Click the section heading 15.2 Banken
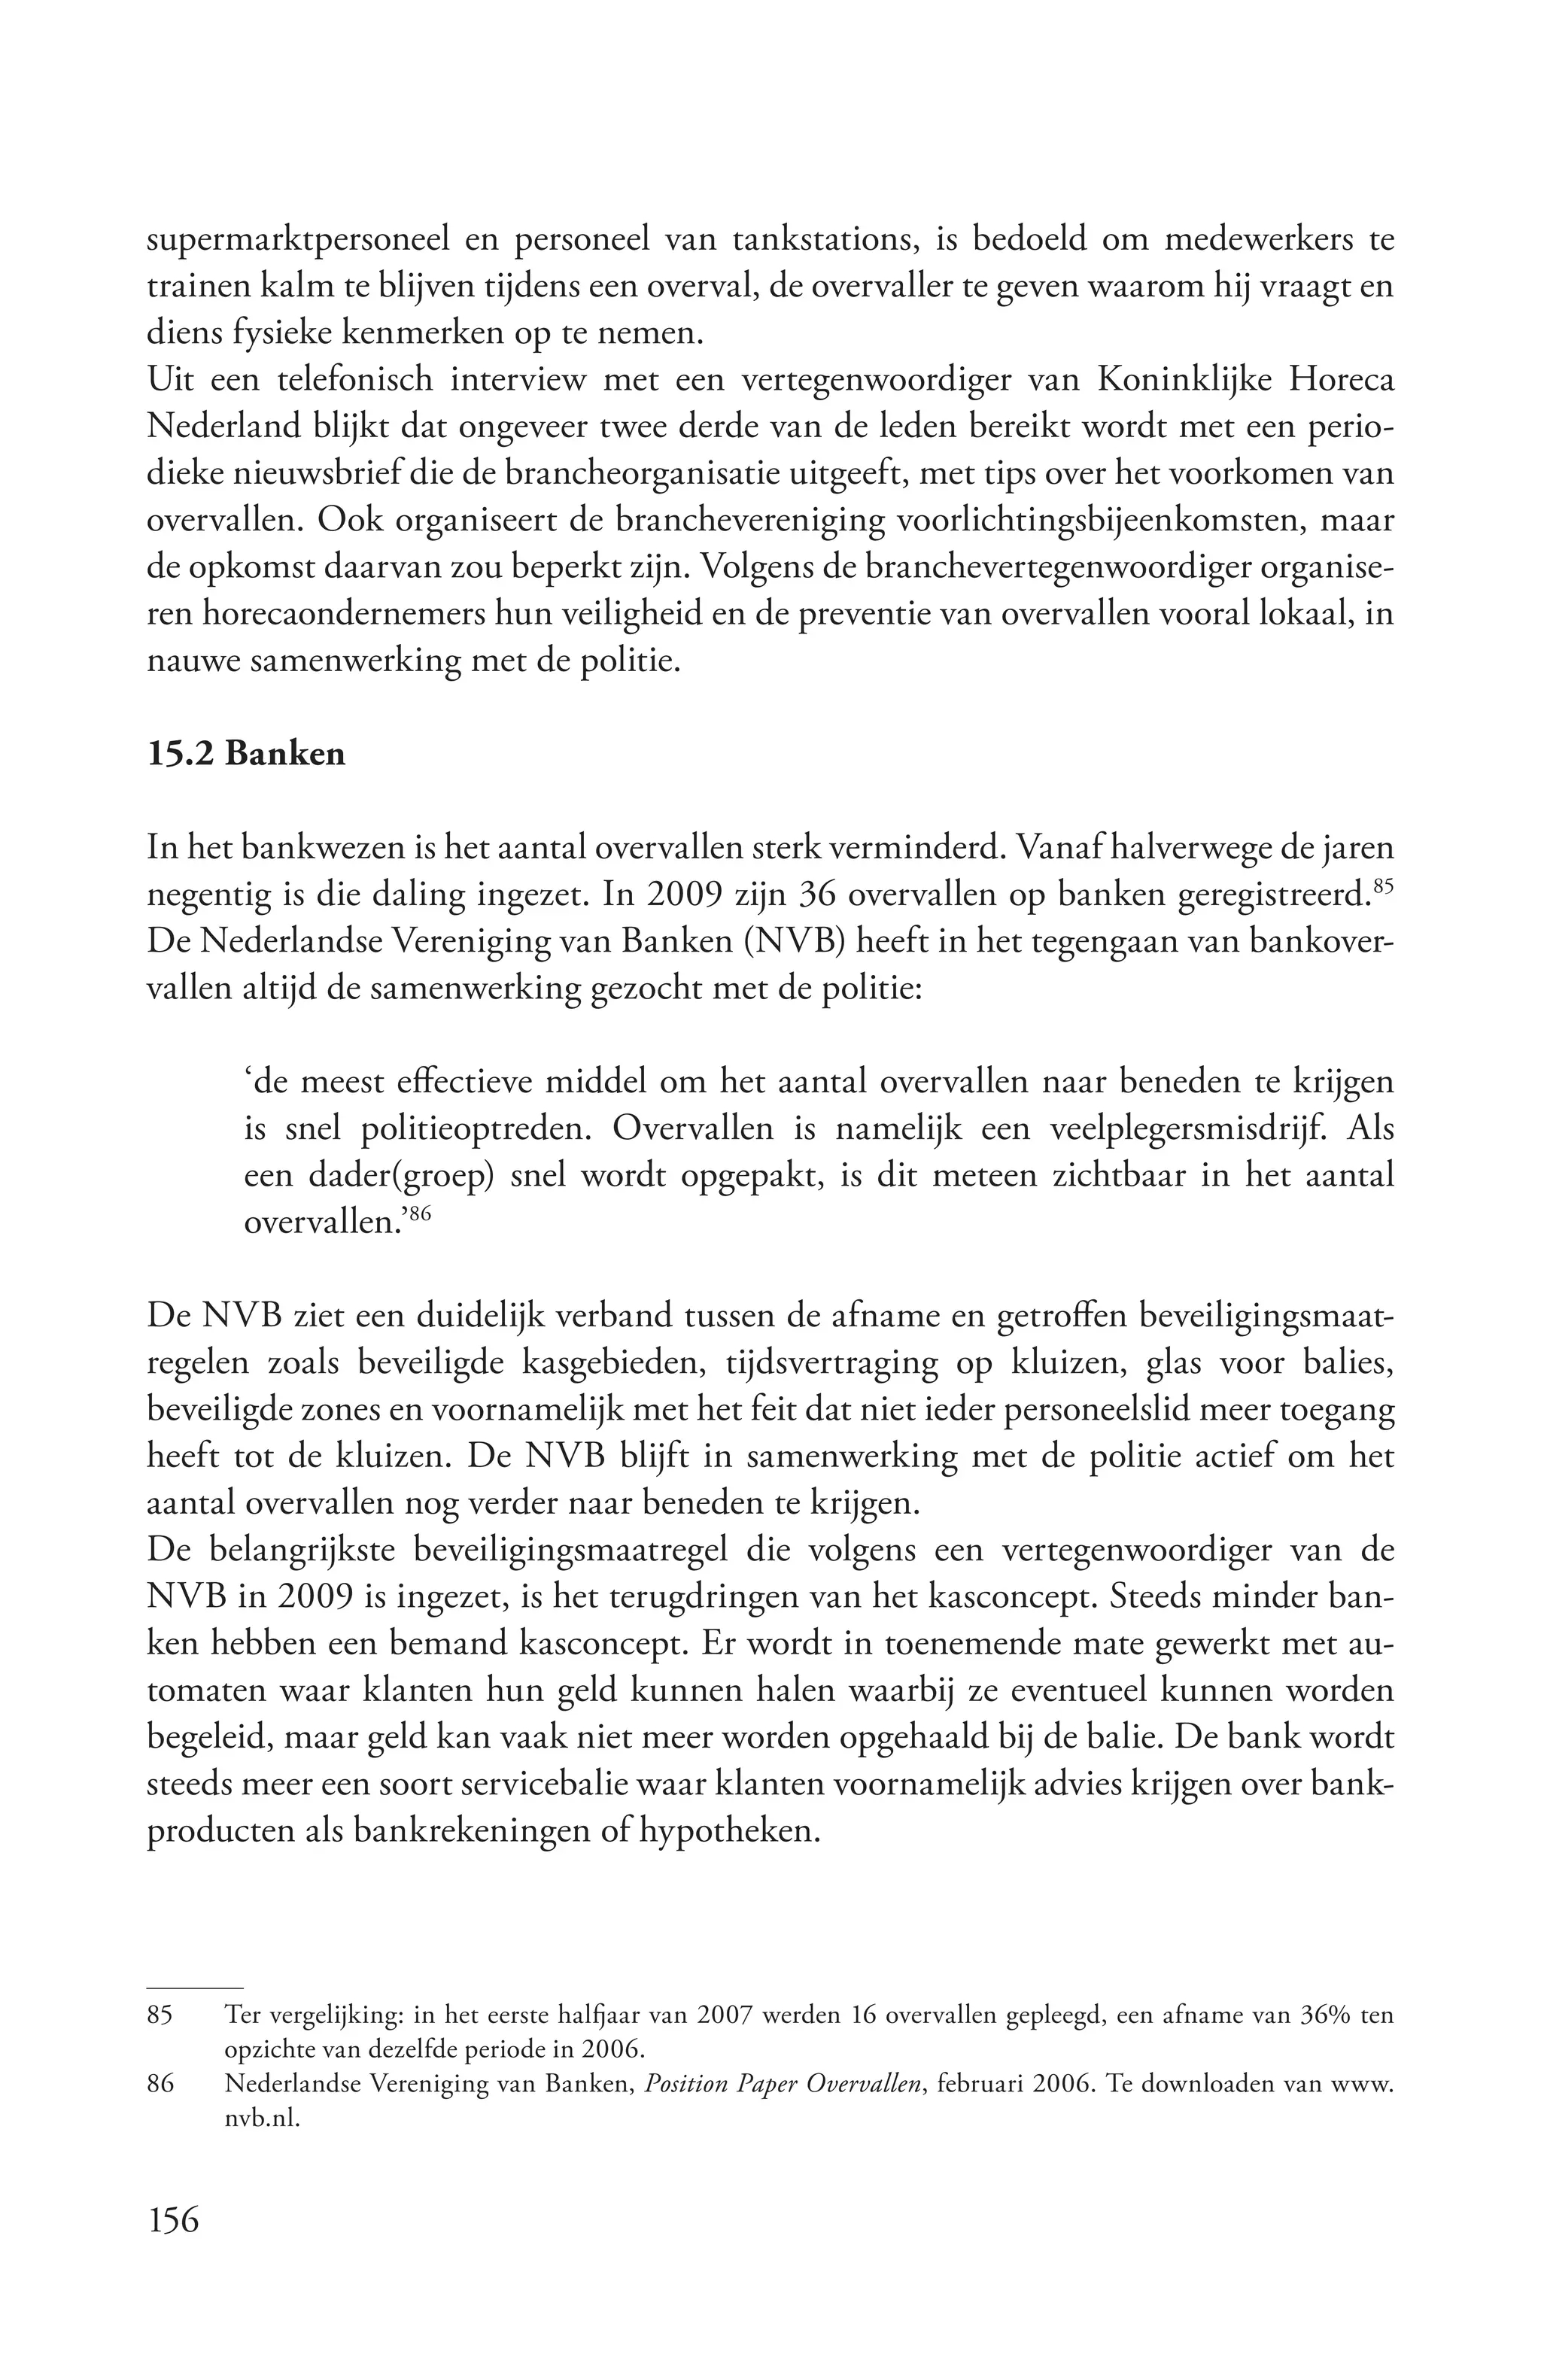tap(246, 754)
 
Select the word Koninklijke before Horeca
tap(1161, 380)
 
